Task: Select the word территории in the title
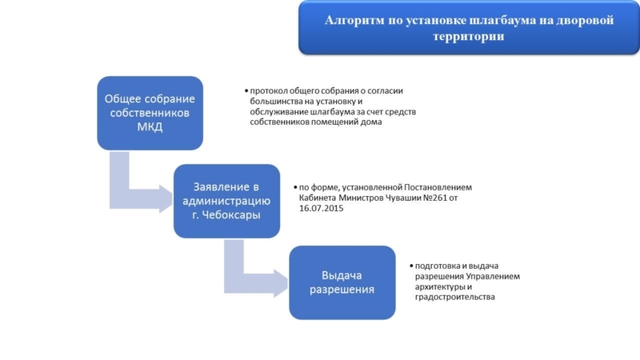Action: point(469,36)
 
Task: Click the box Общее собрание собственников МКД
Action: point(150,113)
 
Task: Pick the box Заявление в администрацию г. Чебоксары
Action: point(226,201)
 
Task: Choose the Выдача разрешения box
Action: point(342,282)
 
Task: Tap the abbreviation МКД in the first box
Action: point(150,126)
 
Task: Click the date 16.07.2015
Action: point(322,208)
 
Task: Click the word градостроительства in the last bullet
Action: point(454,297)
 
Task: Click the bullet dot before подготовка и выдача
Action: point(411,266)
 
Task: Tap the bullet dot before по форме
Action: point(295,187)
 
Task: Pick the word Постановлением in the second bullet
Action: point(438,187)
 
